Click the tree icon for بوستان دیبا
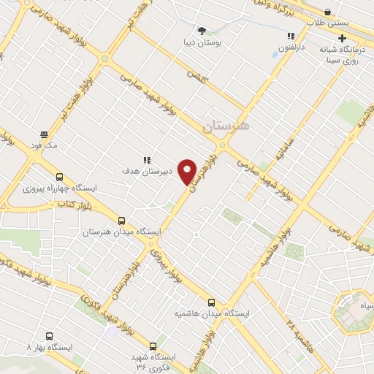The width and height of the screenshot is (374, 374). point(202,31)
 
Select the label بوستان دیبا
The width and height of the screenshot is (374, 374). point(202,42)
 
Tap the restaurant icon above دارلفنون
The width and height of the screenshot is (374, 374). point(291,36)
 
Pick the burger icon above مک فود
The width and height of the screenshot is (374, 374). point(44,134)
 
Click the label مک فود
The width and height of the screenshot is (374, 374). point(45,145)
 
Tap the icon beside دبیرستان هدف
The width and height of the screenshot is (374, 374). point(146,159)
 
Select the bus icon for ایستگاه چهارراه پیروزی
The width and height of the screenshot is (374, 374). point(59,176)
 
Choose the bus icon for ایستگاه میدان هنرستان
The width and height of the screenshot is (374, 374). point(121,220)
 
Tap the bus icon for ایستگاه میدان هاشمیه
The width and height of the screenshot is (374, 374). point(211,302)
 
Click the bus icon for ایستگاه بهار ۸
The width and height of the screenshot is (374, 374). point(49,337)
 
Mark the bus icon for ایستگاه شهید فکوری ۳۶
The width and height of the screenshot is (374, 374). point(153,346)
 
